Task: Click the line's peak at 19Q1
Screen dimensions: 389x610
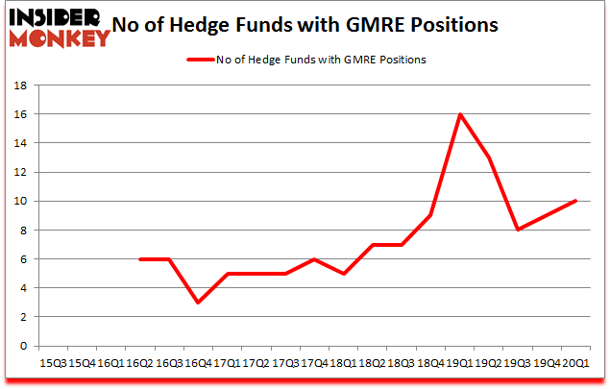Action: coord(461,114)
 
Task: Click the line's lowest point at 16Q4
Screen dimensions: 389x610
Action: coord(198,303)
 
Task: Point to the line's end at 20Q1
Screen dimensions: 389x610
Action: coord(576,201)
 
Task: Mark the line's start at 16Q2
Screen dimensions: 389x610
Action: coord(140,259)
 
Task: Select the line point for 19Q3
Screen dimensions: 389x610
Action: coord(519,230)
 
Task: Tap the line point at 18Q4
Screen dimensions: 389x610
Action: coord(431,215)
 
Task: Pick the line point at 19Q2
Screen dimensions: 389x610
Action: coord(490,158)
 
